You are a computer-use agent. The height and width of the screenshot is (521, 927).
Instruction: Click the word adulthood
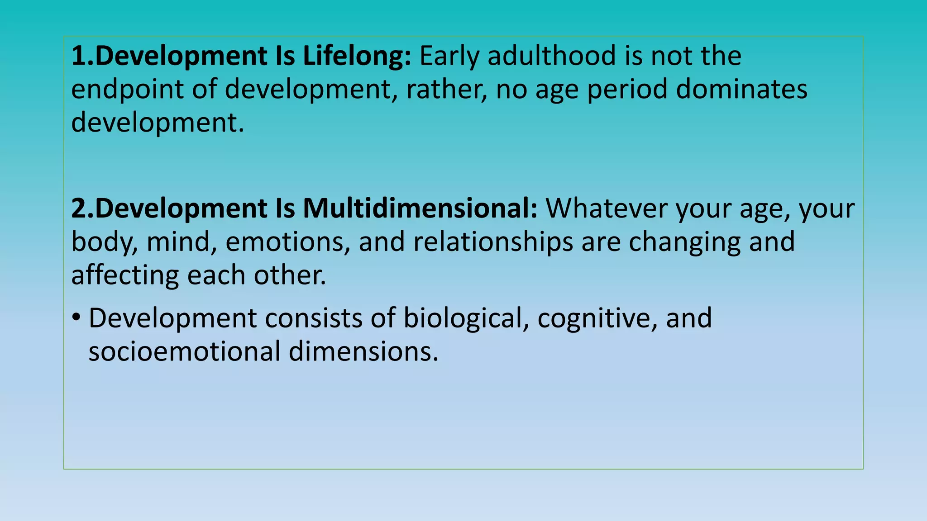click(x=552, y=57)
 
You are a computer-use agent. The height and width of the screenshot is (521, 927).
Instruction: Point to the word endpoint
click(x=127, y=90)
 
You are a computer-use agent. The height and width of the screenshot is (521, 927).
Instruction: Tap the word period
click(x=627, y=90)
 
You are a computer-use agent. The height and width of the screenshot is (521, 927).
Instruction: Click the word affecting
click(x=125, y=275)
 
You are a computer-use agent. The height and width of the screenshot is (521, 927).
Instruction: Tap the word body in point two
click(x=105, y=242)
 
